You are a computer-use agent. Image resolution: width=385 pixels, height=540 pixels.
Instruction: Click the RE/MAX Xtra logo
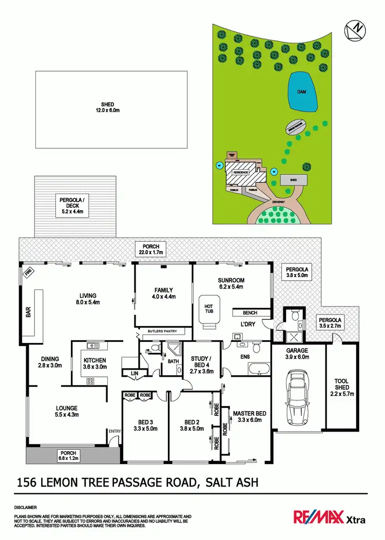329,517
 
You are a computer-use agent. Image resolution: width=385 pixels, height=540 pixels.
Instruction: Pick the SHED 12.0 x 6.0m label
107,107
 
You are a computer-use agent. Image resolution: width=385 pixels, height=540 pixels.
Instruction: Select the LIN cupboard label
134,373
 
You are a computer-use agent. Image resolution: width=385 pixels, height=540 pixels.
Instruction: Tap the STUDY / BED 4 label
200,362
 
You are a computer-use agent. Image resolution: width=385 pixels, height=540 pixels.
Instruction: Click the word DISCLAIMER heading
26,506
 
